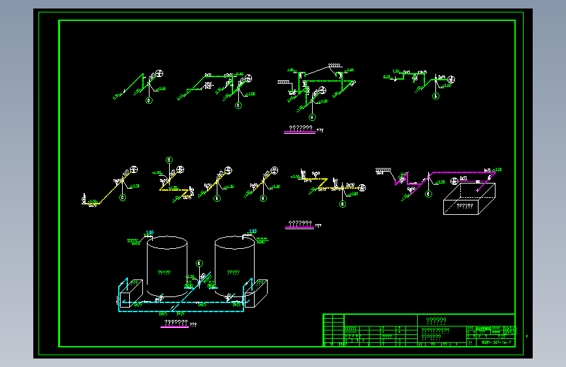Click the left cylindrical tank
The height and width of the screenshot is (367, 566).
coord(166,268)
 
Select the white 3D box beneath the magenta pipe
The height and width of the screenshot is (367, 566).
coord(469,199)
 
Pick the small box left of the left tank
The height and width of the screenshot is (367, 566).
coord(133,293)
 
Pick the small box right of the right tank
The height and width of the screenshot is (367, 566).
coord(256,293)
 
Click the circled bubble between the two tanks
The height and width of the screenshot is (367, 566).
coord(200,263)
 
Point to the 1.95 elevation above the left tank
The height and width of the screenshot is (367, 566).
coord(149,232)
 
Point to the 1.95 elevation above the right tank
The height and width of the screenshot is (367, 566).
coord(253,231)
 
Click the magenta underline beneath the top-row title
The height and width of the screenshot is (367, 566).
coord(300,132)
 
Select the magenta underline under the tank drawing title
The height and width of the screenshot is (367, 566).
coord(175,326)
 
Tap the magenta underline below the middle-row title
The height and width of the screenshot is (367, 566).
coord(299,228)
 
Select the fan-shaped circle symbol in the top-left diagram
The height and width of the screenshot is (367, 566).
coord(160,74)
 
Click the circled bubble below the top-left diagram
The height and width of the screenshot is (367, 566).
coord(149,101)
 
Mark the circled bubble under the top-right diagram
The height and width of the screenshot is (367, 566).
coord(436,95)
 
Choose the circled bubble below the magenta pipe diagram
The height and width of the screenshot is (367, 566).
coord(428,194)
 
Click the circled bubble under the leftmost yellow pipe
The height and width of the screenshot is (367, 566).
coord(123,199)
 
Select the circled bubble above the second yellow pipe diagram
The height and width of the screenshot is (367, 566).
coord(169,160)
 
